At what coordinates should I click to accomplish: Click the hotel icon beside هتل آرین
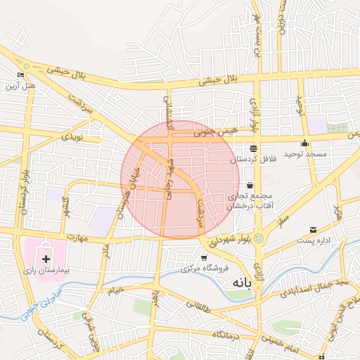coord(20,76)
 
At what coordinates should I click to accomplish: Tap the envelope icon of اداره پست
coord(313,229)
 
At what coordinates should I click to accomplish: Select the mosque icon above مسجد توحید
coord(304,143)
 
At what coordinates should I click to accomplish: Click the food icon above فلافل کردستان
coord(252,148)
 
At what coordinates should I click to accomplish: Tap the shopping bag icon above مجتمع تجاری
coord(250,185)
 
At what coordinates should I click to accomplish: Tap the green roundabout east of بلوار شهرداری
coord(260,239)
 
